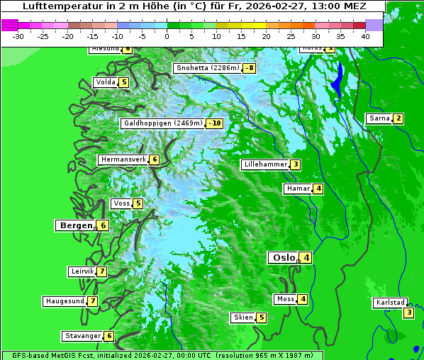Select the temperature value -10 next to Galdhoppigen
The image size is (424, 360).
pyautogui.click(x=215, y=123)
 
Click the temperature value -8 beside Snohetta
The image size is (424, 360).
pyautogui.click(x=249, y=69)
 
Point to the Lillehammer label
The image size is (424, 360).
pyautogui.click(x=264, y=164)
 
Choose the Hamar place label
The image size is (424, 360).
pyautogui.click(x=297, y=189)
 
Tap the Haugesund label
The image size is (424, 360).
pyautogui.click(x=65, y=301)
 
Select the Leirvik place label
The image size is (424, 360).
pyautogui.click(x=82, y=271)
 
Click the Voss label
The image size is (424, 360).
pyautogui.click(x=121, y=204)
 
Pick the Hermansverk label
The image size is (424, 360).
pyautogui.click(x=123, y=159)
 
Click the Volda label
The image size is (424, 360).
pyautogui.click(x=105, y=82)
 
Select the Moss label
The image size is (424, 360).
pyautogui.click(x=285, y=299)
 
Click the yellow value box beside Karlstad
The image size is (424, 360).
pyautogui.click(x=408, y=313)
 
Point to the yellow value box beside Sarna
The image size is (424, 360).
pyautogui.click(x=398, y=118)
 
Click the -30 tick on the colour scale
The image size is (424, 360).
pyautogui.click(x=19, y=35)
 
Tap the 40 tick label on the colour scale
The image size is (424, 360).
pyautogui.click(x=365, y=35)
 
